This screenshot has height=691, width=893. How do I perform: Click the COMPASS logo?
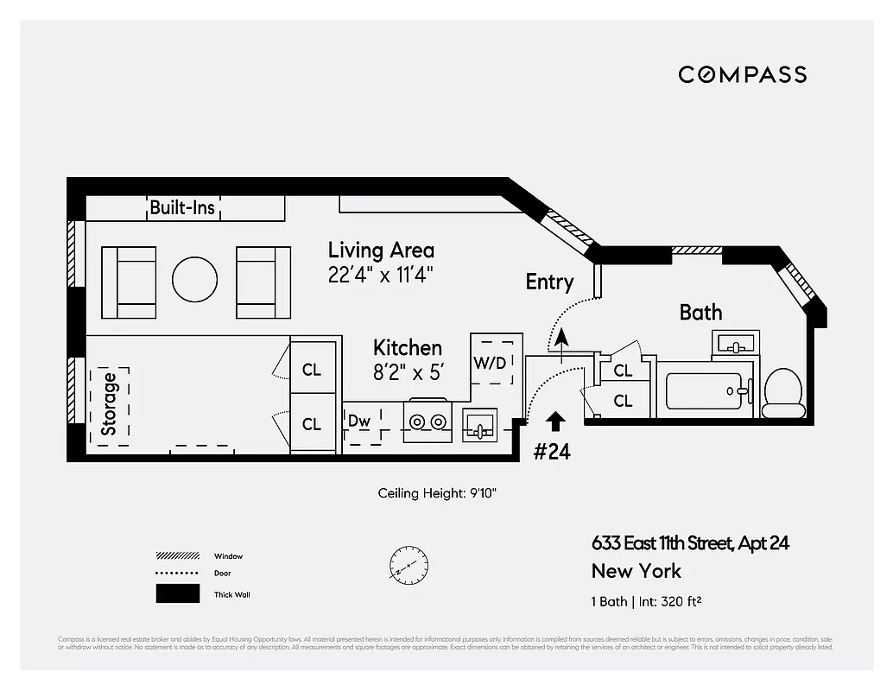742,74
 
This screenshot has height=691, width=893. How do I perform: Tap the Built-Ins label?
183,207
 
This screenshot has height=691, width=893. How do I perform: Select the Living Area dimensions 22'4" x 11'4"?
380,276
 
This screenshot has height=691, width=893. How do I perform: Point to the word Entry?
549,282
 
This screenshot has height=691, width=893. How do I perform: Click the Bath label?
700,313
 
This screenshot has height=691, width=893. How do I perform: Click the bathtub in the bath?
704,390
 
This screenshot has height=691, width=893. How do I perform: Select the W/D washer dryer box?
490,362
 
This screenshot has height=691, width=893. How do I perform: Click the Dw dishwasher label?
359,422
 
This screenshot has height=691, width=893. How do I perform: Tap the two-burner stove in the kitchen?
427,422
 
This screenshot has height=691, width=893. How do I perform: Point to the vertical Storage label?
109,403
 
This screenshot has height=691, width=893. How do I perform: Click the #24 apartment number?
551,451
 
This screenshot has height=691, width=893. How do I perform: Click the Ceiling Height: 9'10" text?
437,493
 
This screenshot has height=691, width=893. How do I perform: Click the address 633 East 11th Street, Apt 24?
690,543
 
